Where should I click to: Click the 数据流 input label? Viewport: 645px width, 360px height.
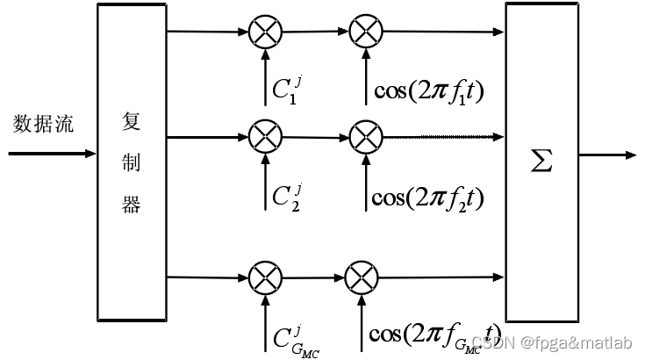(43, 124)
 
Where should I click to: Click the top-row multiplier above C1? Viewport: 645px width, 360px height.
(262, 33)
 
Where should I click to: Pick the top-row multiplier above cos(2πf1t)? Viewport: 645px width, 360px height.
(362, 33)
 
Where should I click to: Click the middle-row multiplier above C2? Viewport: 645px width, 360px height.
(262, 136)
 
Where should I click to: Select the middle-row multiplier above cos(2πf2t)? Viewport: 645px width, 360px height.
(362, 136)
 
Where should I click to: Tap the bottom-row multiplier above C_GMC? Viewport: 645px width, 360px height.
(262, 279)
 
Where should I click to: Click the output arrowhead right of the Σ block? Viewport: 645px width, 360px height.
(629, 155)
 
